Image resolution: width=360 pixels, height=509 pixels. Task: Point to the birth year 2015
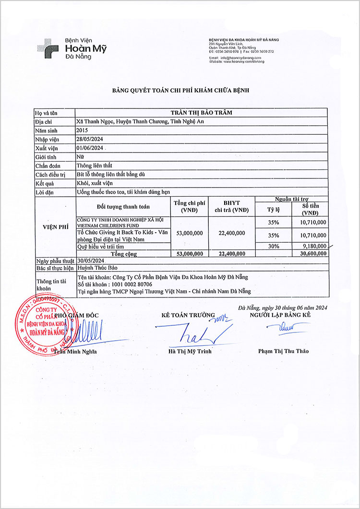point(82,130)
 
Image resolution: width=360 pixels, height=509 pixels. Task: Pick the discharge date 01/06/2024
point(90,148)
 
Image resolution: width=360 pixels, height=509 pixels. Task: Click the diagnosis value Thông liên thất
point(94,166)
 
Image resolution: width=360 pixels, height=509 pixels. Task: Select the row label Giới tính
point(46,157)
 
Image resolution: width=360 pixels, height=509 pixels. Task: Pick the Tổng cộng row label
point(123,253)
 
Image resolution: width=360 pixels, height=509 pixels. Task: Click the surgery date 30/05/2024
point(90,260)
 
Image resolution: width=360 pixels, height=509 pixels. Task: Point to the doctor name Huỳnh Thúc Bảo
point(97,268)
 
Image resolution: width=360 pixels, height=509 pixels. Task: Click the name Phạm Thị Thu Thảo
point(283,351)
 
